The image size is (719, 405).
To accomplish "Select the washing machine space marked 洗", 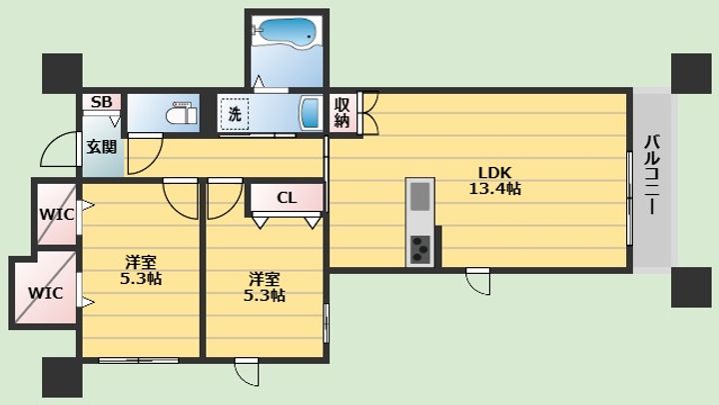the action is coord(235,113).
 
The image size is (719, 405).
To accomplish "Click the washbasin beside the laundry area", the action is coord(310,113).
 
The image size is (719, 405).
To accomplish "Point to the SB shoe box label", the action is coord(101,101).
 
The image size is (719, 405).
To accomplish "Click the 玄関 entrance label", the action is coord(102,147).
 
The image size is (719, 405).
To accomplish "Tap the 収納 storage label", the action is coord(343,112).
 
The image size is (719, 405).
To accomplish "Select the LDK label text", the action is coord(494,173).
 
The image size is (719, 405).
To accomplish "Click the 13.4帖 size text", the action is coord(494,188).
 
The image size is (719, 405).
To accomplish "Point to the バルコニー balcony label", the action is coord(651,174).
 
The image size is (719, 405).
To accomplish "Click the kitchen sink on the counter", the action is coord(420,196).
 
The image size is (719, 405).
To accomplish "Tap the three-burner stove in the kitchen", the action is coord(420,250).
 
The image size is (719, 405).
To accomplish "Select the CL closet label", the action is coord(287,198).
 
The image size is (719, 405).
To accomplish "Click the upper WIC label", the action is coord(56,214).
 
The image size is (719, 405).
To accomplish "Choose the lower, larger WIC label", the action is coord(45,293).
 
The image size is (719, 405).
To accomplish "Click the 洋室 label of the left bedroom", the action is coord(141,263).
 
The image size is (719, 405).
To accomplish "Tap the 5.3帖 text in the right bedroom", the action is coord(264,295).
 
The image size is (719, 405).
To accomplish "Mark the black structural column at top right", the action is coord(691,73).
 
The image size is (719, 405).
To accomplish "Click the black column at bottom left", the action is coord(62,378).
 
